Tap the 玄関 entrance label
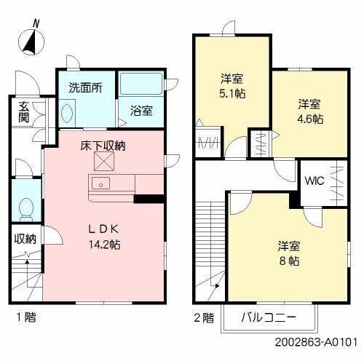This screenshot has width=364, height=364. click(23, 114)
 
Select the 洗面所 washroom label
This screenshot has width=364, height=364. click(85, 87)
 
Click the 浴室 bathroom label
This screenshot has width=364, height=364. click(141, 111)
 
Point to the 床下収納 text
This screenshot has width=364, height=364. click(103, 146)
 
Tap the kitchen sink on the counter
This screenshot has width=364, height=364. click(100, 182)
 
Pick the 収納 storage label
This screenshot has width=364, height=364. click(23, 239)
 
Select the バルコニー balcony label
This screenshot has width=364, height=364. click(270, 317)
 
